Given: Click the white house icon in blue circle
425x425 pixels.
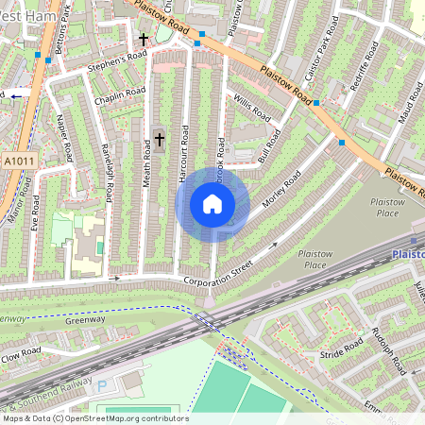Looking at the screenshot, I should tap(212, 204).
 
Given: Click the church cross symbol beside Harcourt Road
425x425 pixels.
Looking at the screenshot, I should tap(159, 140).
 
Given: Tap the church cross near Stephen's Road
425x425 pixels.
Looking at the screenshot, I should tap(144, 41).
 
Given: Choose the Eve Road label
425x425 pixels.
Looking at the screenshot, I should tap(35, 213).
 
